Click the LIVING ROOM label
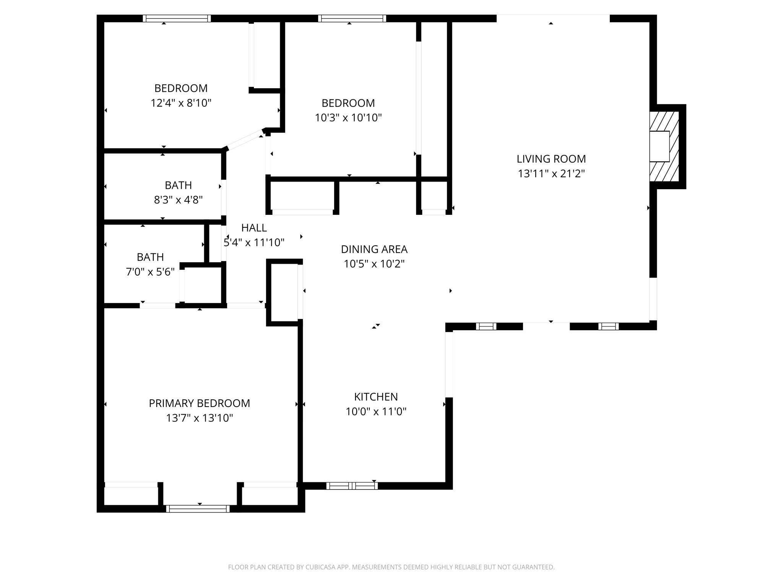tap(551, 159)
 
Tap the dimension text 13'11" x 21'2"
tap(551, 174)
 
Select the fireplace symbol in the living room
tap(664, 146)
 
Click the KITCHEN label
tap(376, 397)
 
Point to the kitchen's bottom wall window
tap(352, 486)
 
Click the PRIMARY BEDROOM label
tap(199, 403)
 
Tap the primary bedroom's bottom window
tap(198, 509)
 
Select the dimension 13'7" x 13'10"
tap(199, 418)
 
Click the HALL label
tap(254, 228)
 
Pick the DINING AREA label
tap(374, 249)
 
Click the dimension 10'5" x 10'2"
tap(374, 264)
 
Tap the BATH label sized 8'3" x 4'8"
tap(178, 185)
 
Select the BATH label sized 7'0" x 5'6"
tap(150, 257)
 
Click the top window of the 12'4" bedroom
tap(177, 18)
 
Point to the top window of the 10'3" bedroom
tap(352, 18)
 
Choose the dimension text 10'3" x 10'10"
tap(348, 118)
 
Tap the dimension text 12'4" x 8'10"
tap(181, 103)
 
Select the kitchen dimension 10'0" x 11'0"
tap(376, 412)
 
